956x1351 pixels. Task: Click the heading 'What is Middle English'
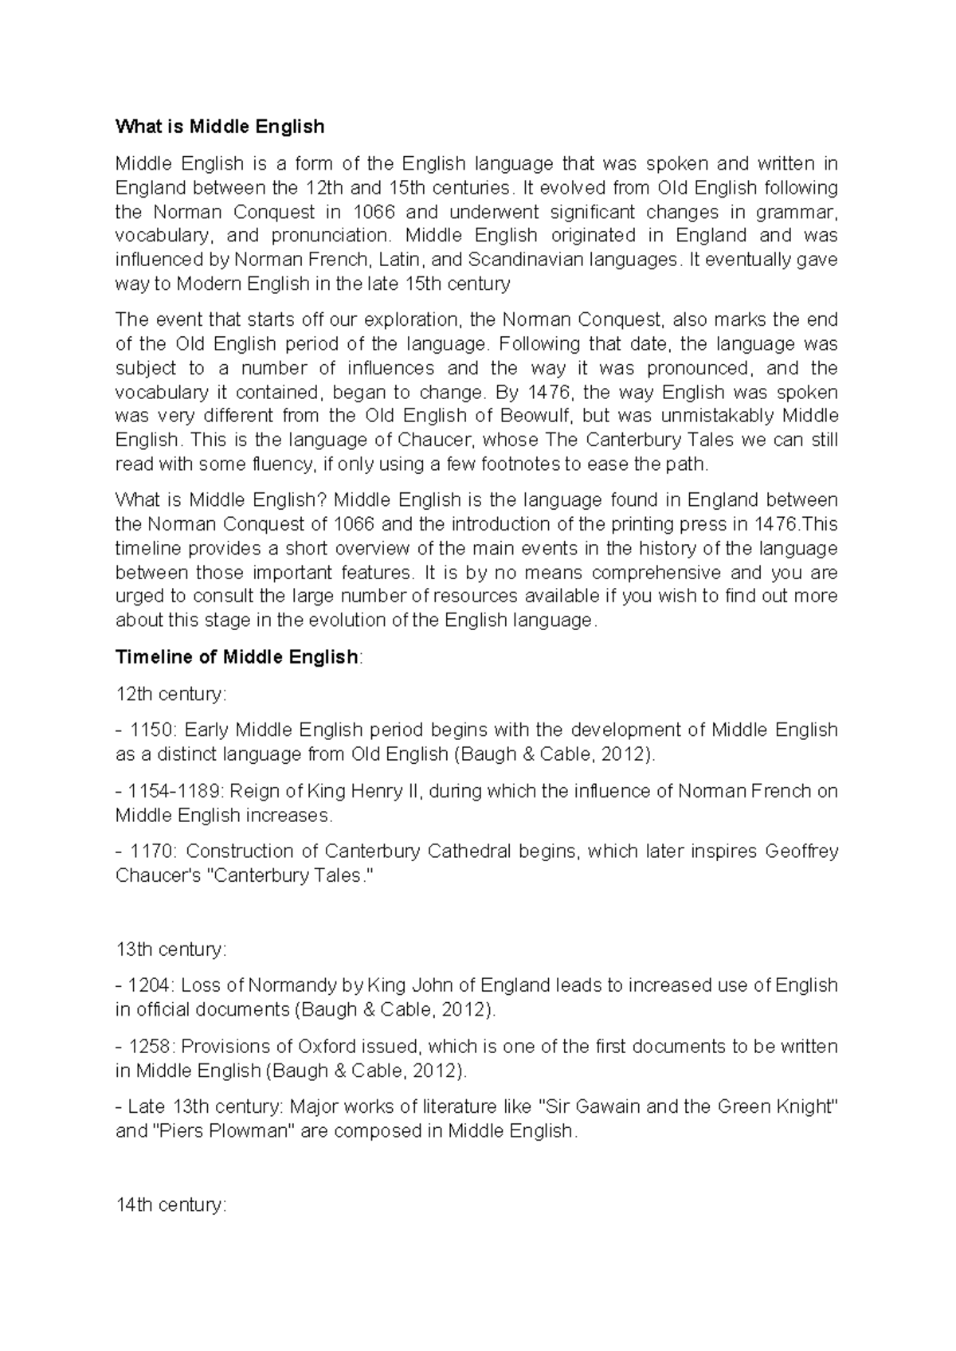[x=220, y=127]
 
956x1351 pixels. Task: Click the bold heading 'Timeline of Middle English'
[x=237, y=657]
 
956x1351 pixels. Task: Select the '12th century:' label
[x=171, y=694]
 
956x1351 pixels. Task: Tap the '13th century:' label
[x=171, y=950]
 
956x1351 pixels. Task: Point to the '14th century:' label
[x=171, y=1205]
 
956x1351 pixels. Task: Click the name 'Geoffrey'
[x=801, y=852]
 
